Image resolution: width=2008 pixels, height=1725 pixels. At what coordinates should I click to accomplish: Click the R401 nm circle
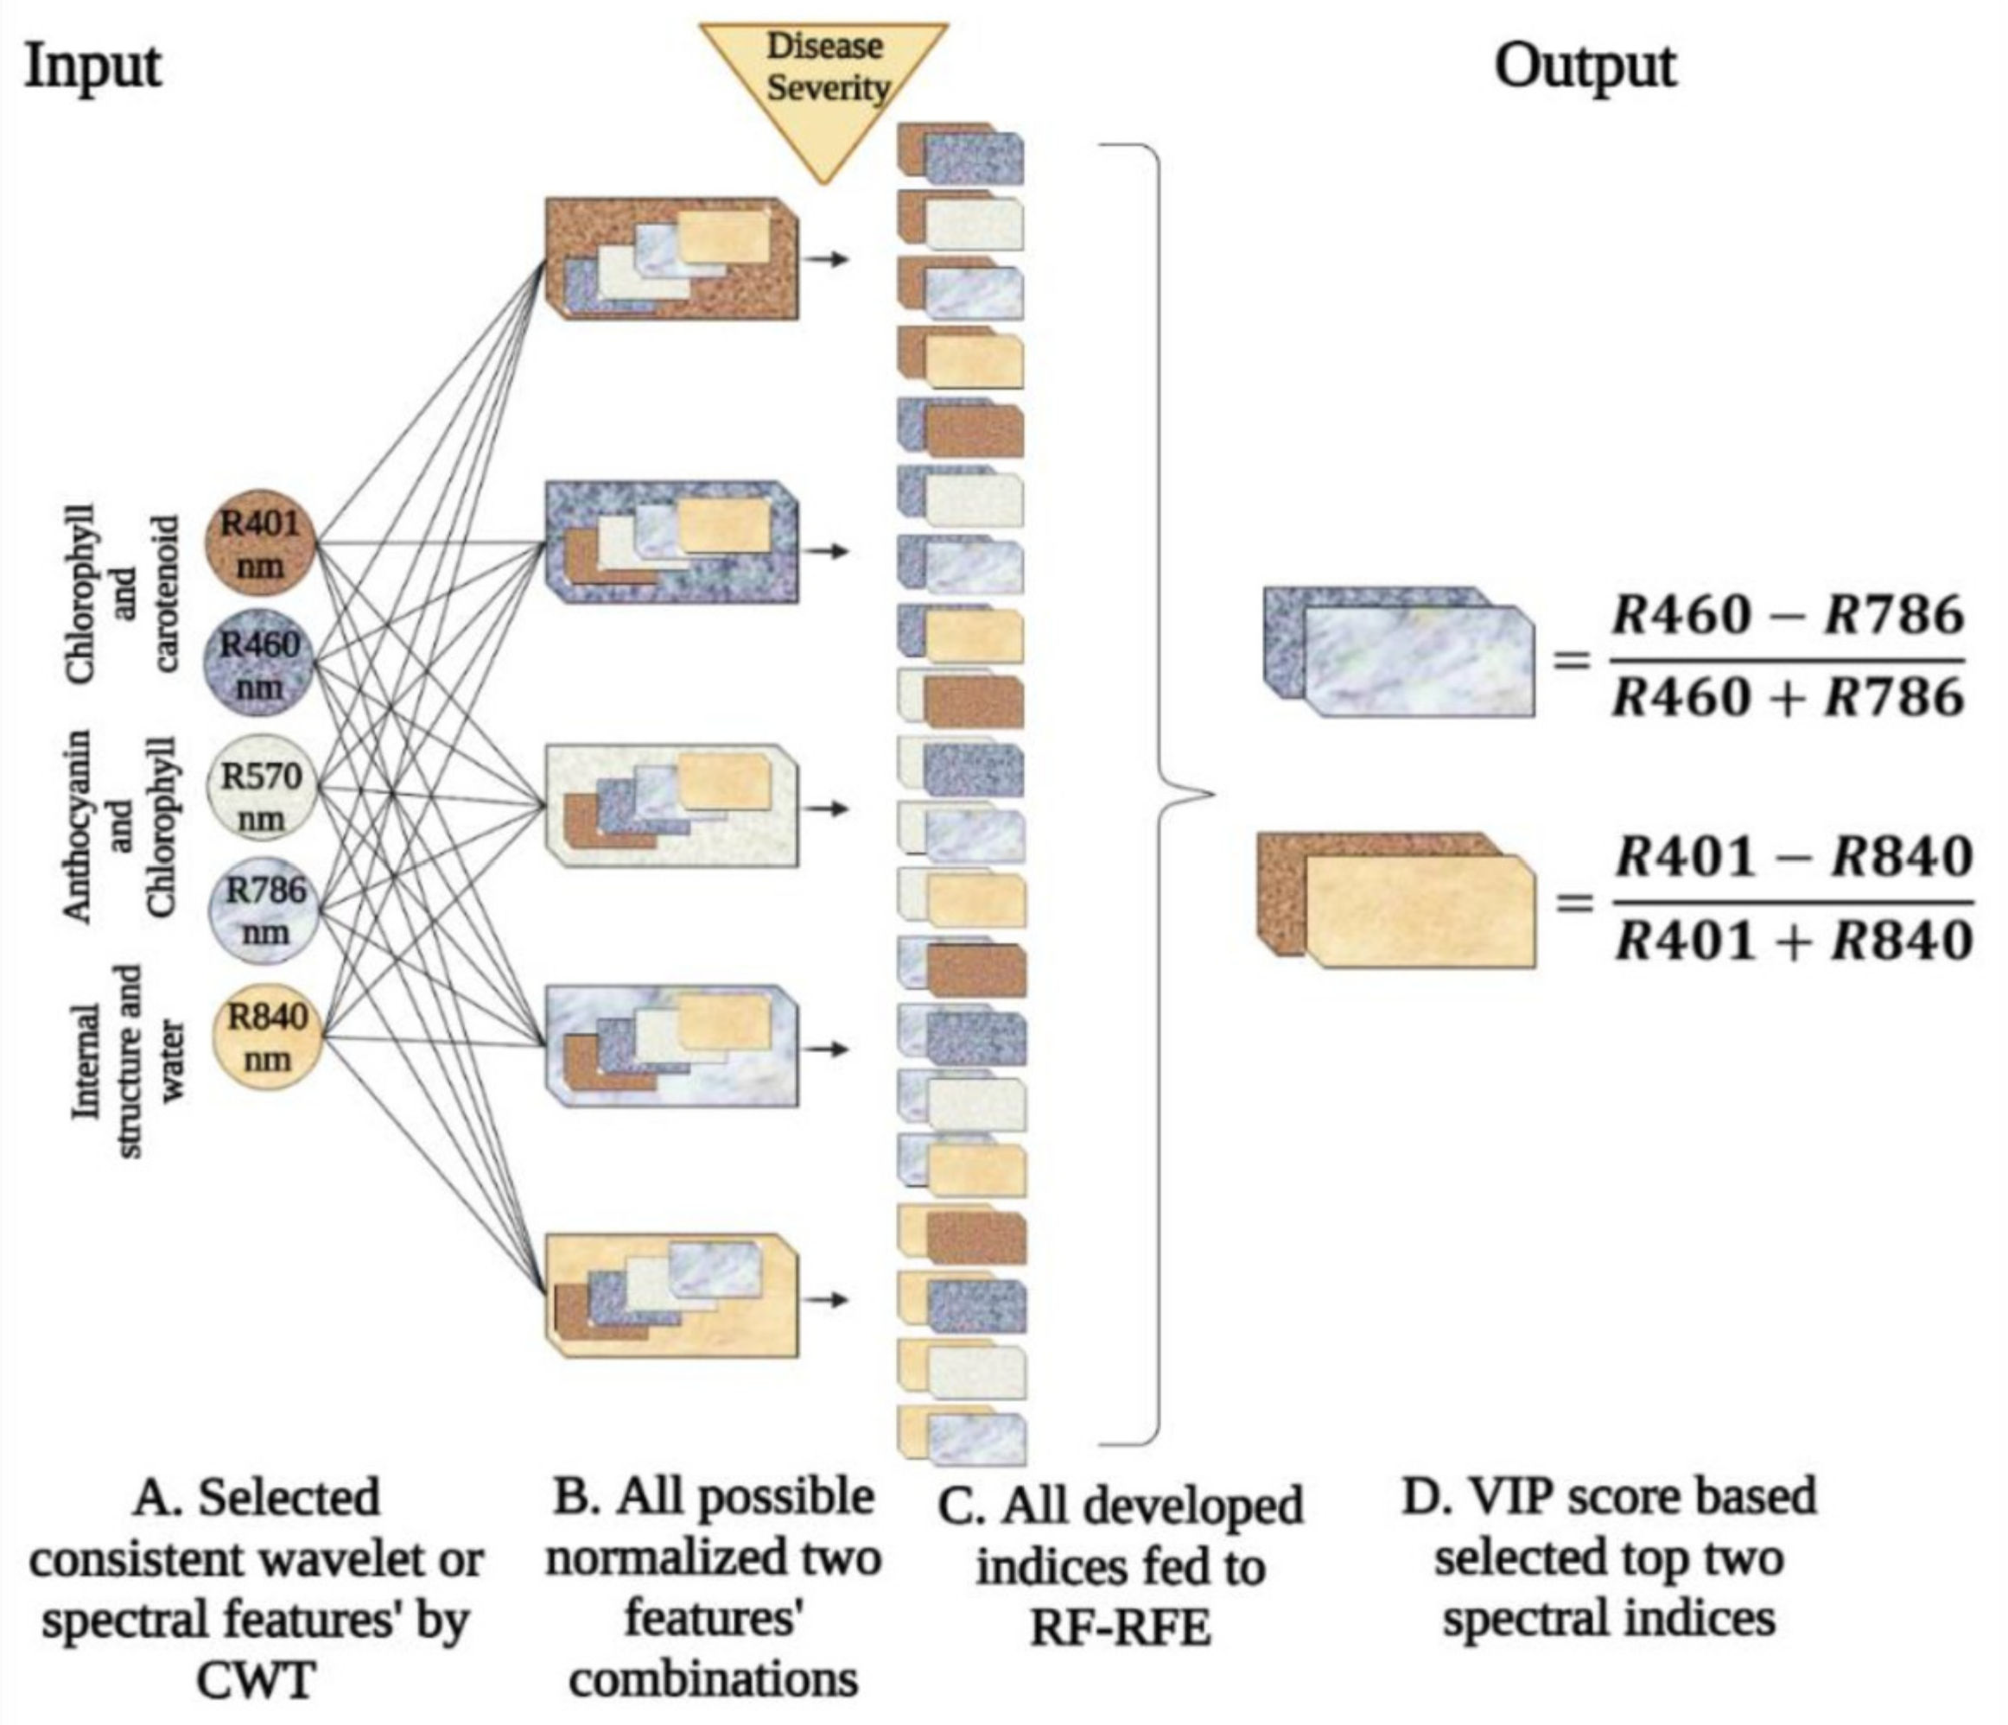pos(260,546)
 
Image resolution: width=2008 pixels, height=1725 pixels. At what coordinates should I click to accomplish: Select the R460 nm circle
pos(260,665)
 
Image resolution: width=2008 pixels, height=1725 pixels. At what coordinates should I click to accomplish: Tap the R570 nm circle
pos(262,796)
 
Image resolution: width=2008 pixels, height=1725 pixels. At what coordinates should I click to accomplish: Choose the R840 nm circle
pos(265,1037)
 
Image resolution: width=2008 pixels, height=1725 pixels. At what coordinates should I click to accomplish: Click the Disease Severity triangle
pos(823,82)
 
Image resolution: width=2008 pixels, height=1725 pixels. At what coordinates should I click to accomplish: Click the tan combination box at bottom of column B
pos(672,1295)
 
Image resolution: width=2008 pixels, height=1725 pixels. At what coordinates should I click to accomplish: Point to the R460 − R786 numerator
pos(1787,617)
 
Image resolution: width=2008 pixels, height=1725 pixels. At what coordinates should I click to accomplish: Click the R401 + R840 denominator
pos(1793,940)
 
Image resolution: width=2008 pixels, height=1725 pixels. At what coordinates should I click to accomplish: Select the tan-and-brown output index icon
pos(1395,900)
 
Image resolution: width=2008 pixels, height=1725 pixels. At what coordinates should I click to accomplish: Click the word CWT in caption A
pos(256,1678)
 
